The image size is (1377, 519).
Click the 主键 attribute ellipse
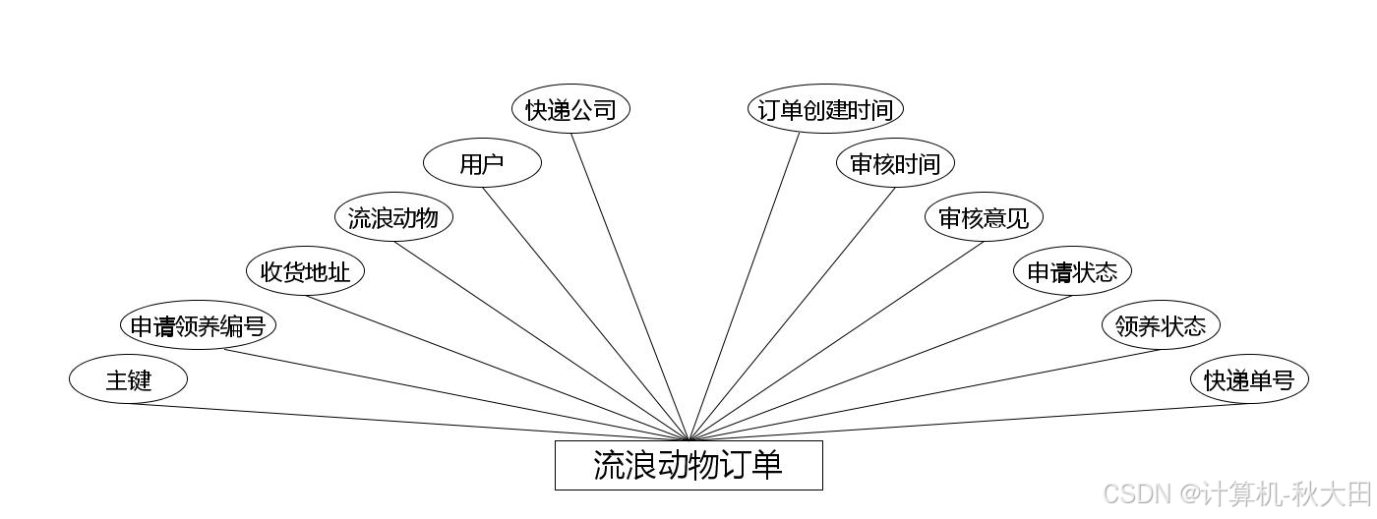pos(128,379)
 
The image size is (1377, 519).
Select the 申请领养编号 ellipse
pos(198,325)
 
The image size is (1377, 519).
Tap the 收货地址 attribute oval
pos(305,271)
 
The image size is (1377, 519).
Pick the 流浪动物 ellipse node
pos(393,217)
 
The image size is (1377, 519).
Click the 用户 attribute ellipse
pos(482,163)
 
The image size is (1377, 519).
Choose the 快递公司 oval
pos(570,109)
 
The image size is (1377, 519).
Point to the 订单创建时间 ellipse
pos(824,109)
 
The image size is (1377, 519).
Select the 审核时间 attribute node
pos(895,163)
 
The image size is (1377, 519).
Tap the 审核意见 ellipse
pos(984,217)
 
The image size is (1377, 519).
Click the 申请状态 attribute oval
pos(1072,271)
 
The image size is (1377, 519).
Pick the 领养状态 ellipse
pos(1161,325)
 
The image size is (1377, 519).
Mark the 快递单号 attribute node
pos(1249,379)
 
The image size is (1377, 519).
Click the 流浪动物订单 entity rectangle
pos(688,465)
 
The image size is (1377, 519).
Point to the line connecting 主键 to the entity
pos(408,423)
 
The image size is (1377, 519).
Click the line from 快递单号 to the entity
pos(969,423)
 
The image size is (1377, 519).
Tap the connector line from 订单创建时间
pos(745,286)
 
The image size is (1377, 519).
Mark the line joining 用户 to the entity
pos(585,314)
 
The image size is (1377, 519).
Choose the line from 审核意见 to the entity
pos(836,338)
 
